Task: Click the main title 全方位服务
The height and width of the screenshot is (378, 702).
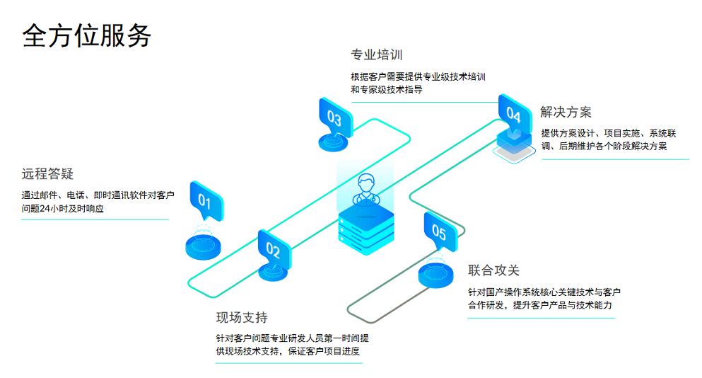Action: pos(87,35)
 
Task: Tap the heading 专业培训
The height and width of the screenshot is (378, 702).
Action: pos(377,55)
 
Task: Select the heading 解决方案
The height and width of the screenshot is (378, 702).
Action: pos(566,112)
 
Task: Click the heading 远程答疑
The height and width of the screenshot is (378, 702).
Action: pos(47,174)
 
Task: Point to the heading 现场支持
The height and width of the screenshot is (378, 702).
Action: pos(242,317)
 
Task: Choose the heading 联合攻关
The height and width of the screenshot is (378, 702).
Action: pos(493,270)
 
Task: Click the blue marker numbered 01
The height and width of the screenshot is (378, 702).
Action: pos(206,202)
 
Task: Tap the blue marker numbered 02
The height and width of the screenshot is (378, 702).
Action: pos(274,249)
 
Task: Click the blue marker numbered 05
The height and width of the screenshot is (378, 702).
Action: pos(439,231)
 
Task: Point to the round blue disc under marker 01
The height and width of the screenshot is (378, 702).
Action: pos(204,245)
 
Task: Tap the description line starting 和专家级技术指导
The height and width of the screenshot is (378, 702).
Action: pos(387,90)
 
